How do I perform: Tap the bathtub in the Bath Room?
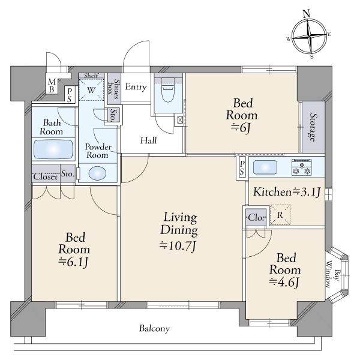53,149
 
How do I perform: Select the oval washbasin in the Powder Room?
97,173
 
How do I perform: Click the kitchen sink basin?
265,167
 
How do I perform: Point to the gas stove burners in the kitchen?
302,167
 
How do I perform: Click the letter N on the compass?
307,14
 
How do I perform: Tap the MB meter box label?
52,85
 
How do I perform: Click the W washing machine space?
91,89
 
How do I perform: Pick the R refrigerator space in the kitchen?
280,215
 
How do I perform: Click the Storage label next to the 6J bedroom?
312,127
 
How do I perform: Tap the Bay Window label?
332,274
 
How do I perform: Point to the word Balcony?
154,329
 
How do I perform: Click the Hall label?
149,140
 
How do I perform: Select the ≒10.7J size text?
178,246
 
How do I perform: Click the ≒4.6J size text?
284,282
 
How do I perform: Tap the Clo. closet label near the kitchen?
256,217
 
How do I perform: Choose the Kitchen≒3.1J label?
287,192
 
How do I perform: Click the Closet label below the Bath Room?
46,176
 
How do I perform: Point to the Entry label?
136,87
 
